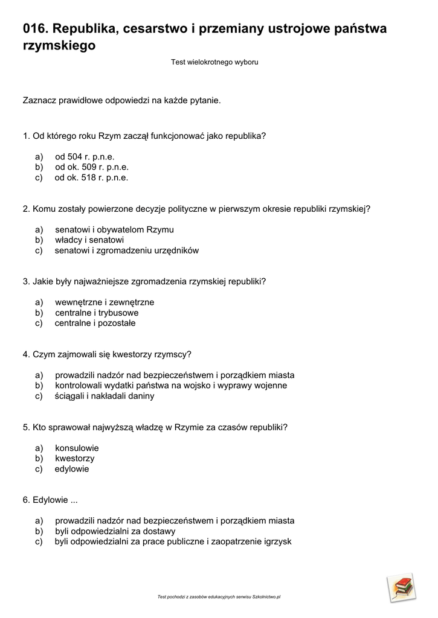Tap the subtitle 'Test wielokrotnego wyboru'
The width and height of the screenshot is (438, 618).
(214, 62)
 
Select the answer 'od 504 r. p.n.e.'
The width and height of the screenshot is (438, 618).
(85, 156)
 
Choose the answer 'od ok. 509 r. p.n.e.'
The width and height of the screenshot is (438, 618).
(92, 167)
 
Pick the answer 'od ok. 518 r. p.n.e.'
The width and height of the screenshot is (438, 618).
(91, 177)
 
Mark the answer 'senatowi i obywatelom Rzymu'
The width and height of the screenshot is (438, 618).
(114, 230)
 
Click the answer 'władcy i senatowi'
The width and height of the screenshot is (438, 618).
(89, 240)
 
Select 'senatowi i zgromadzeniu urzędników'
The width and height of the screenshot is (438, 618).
(126, 250)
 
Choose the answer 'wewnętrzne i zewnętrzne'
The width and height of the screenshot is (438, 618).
(105, 302)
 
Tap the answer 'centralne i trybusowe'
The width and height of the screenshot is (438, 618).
(97, 313)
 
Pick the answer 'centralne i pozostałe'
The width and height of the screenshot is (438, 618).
(95, 323)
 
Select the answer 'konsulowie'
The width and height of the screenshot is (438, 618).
(77, 448)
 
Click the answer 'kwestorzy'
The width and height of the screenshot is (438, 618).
(74, 459)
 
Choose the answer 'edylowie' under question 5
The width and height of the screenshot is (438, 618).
(71, 469)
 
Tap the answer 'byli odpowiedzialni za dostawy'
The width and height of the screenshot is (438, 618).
(115, 532)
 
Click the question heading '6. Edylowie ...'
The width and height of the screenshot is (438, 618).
(51, 500)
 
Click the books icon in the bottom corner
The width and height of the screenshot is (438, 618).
(401, 587)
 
